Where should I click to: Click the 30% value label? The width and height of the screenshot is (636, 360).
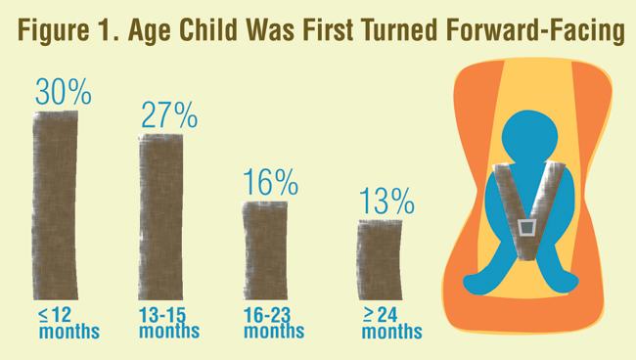point(64,92)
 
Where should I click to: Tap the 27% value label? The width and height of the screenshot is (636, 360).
point(168,114)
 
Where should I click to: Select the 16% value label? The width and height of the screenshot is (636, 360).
point(271,181)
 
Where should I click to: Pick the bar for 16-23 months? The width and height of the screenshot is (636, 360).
point(265,252)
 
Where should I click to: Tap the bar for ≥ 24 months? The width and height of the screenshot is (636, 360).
point(378,261)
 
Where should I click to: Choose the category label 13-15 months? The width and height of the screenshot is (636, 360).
point(168,323)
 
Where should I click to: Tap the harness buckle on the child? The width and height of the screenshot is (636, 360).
point(527,228)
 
